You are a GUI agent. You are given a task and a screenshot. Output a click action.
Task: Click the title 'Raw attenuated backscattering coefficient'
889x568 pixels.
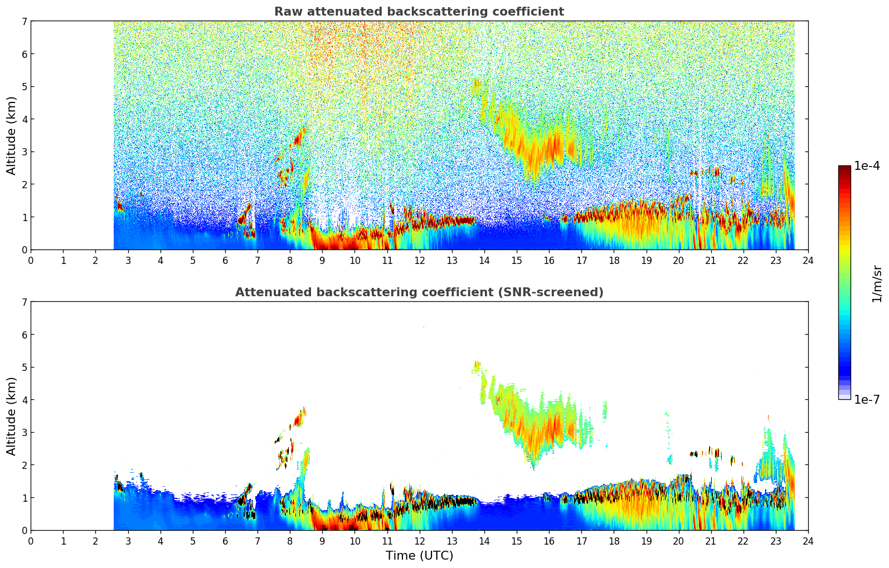point(419,12)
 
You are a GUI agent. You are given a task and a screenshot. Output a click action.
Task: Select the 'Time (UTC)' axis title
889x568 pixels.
point(419,556)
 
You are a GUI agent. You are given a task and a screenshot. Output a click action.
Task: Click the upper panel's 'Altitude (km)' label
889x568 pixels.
point(11,135)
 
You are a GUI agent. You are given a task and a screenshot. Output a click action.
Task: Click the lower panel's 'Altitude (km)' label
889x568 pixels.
point(11,416)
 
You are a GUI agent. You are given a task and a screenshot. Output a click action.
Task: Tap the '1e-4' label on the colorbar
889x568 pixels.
point(867,166)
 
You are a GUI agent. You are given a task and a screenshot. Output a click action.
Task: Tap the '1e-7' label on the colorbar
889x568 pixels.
point(867,399)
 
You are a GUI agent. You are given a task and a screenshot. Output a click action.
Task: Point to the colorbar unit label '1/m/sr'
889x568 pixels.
point(877,283)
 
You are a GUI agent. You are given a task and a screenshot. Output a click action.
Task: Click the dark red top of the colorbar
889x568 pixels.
point(844,169)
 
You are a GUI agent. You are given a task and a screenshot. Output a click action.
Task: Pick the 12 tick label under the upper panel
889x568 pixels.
point(419,260)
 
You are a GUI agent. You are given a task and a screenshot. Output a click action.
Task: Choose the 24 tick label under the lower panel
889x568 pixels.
point(808,541)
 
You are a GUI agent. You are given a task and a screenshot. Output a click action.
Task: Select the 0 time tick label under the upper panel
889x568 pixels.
point(31,260)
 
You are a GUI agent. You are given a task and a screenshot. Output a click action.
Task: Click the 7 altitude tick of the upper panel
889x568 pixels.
point(23,21)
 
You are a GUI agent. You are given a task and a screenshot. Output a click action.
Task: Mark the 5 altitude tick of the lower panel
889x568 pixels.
point(23,367)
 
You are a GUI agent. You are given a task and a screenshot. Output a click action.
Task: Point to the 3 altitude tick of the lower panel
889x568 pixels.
point(23,432)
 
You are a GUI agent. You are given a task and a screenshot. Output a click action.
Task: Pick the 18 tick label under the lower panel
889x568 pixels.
point(614,541)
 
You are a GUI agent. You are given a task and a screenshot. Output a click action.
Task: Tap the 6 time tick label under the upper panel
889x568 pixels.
point(225,260)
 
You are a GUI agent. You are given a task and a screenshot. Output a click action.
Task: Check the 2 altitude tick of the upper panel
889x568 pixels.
point(23,184)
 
